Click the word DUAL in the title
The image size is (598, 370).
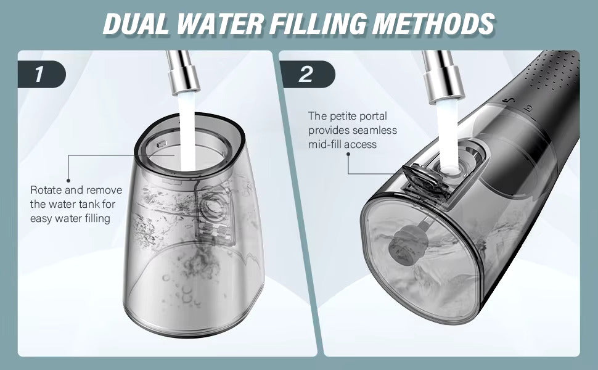point(136,23)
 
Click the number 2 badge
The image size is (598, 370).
point(307,74)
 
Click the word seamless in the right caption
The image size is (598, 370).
point(374,131)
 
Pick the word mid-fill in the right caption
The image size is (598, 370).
point(325,144)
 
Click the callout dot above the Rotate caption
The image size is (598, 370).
point(68,181)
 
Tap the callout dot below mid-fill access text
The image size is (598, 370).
point(348,154)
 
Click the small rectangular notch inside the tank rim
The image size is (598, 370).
point(162,144)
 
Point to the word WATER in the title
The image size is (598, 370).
point(218,23)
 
